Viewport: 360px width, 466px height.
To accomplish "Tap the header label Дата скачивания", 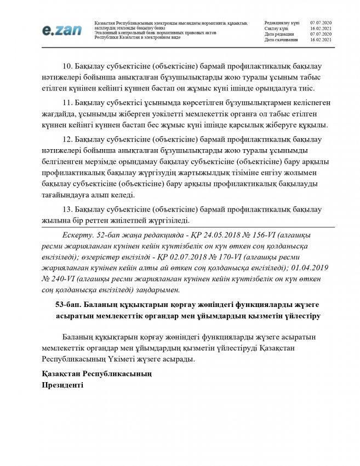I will coord(281,40).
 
